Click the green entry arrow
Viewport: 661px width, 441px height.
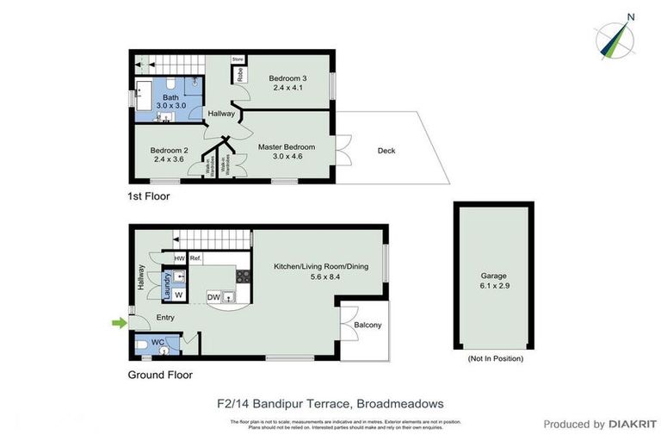pos(118,323)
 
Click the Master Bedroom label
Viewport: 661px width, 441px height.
pos(287,147)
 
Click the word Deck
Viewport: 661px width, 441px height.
pos(386,152)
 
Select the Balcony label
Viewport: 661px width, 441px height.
pos(367,325)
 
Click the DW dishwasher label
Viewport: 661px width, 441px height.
pos(213,298)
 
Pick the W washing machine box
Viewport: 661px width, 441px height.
pos(178,295)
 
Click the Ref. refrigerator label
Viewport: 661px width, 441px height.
pos(195,258)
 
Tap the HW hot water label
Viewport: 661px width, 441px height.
pos(180,258)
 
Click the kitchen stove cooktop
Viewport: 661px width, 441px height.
pos(243,277)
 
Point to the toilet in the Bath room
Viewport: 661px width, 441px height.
pos(172,84)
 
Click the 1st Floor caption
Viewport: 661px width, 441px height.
pos(149,196)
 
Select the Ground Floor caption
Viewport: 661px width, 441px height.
pos(160,375)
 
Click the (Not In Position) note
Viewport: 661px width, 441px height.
pos(494,358)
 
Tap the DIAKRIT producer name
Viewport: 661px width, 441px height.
pos(633,424)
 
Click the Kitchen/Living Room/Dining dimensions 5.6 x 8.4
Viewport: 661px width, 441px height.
pos(320,277)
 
